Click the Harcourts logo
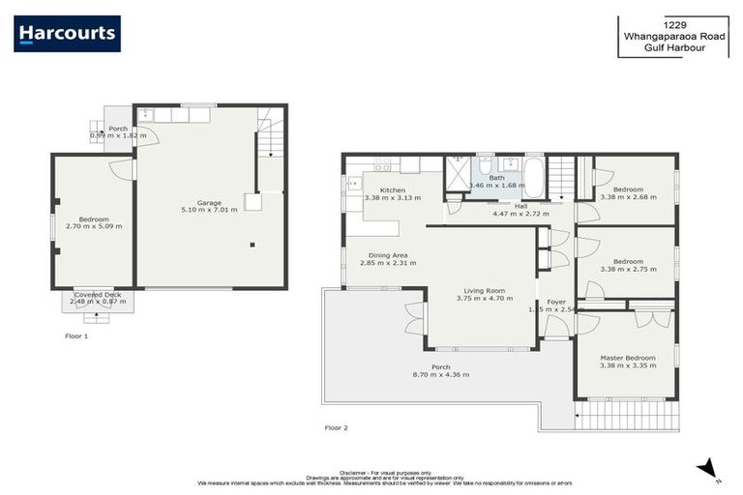click(67, 34)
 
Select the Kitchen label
click(392, 190)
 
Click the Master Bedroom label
click(627, 359)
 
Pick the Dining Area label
click(386, 254)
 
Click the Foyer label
click(555, 303)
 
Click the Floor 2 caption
click(336, 426)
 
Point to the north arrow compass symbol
click(708, 467)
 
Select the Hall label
click(520, 206)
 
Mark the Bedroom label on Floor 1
click(94, 218)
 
